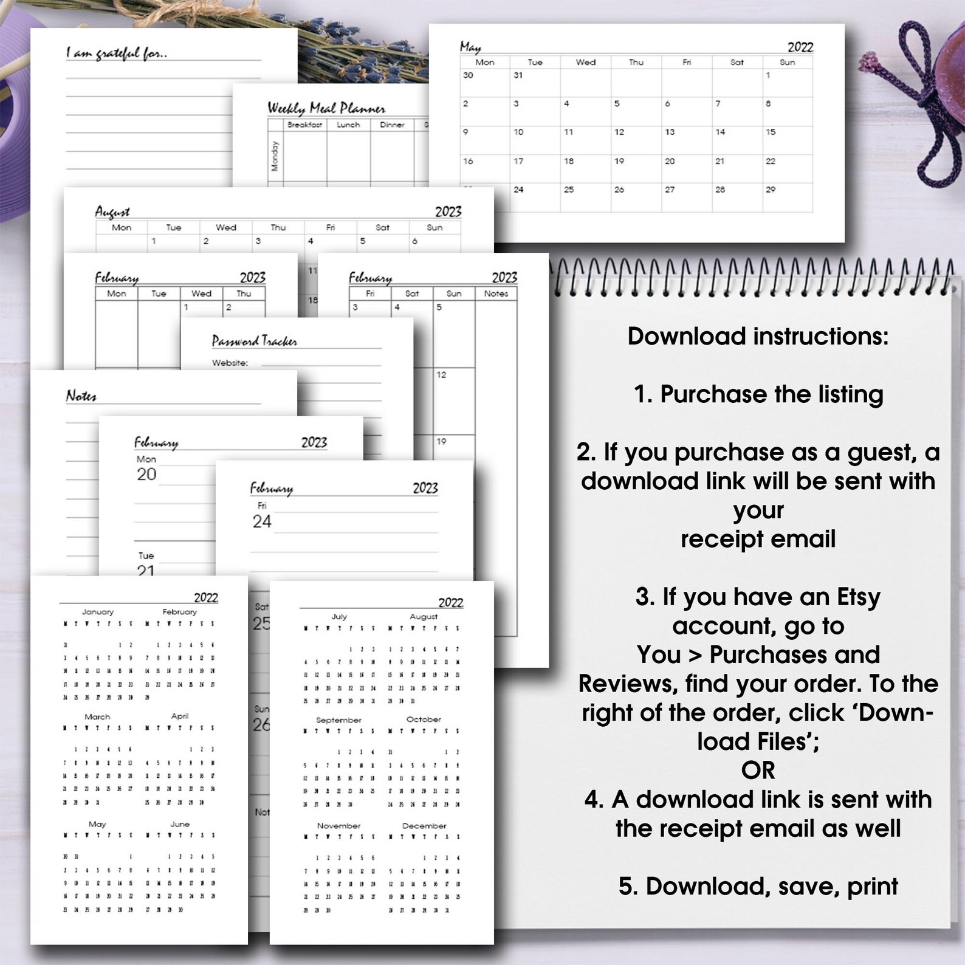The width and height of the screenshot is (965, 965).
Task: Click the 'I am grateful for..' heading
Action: point(116,53)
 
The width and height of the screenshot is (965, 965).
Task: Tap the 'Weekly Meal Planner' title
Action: point(326,108)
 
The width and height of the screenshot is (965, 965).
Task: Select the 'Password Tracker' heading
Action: point(254,341)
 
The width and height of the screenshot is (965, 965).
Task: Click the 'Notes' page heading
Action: point(81,396)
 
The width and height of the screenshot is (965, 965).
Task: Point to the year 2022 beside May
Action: point(800,47)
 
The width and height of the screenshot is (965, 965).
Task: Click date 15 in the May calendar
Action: point(771,132)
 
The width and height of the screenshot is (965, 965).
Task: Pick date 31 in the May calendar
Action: point(518,75)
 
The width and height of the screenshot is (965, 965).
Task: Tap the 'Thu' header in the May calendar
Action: point(636,62)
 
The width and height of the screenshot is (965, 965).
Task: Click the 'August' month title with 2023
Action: point(112,211)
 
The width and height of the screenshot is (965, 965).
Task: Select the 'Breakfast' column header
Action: point(304,125)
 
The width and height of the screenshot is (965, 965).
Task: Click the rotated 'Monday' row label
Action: point(275,156)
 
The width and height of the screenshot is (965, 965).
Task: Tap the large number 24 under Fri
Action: point(262,521)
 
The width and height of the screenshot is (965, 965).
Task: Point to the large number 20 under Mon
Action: point(146,475)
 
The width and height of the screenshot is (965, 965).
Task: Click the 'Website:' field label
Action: point(230,363)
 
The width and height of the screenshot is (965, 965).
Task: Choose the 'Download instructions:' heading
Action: point(758,336)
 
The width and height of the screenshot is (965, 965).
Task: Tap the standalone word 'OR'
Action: point(758,771)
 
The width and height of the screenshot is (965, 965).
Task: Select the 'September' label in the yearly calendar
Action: point(338,720)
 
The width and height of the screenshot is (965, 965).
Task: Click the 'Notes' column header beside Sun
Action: point(496,294)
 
